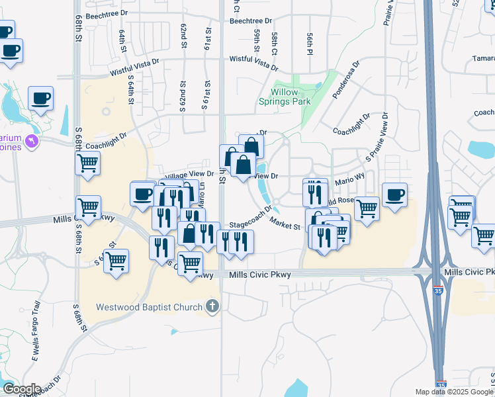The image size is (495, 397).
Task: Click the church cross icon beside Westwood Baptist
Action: [212, 306]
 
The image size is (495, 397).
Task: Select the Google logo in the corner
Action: [22, 388]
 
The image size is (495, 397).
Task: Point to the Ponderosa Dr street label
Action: [346, 81]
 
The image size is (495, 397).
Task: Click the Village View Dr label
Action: [189, 175]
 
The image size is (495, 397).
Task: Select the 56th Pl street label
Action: [309, 44]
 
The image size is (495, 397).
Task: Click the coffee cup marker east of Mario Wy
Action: [394, 195]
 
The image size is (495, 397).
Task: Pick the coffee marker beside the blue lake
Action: [40, 98]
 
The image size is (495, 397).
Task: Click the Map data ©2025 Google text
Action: [454, 392]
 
